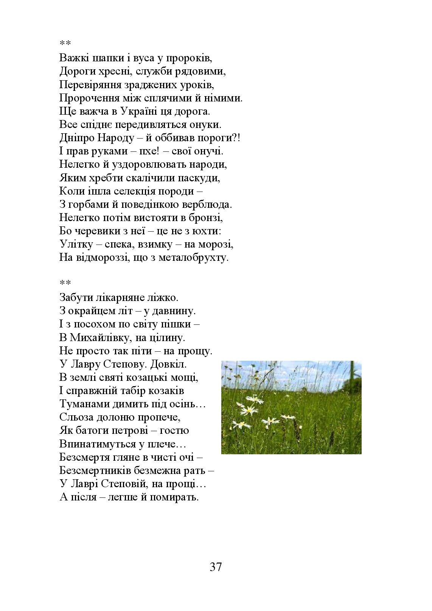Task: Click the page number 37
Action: pyautogui.click(x=216, y=567)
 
